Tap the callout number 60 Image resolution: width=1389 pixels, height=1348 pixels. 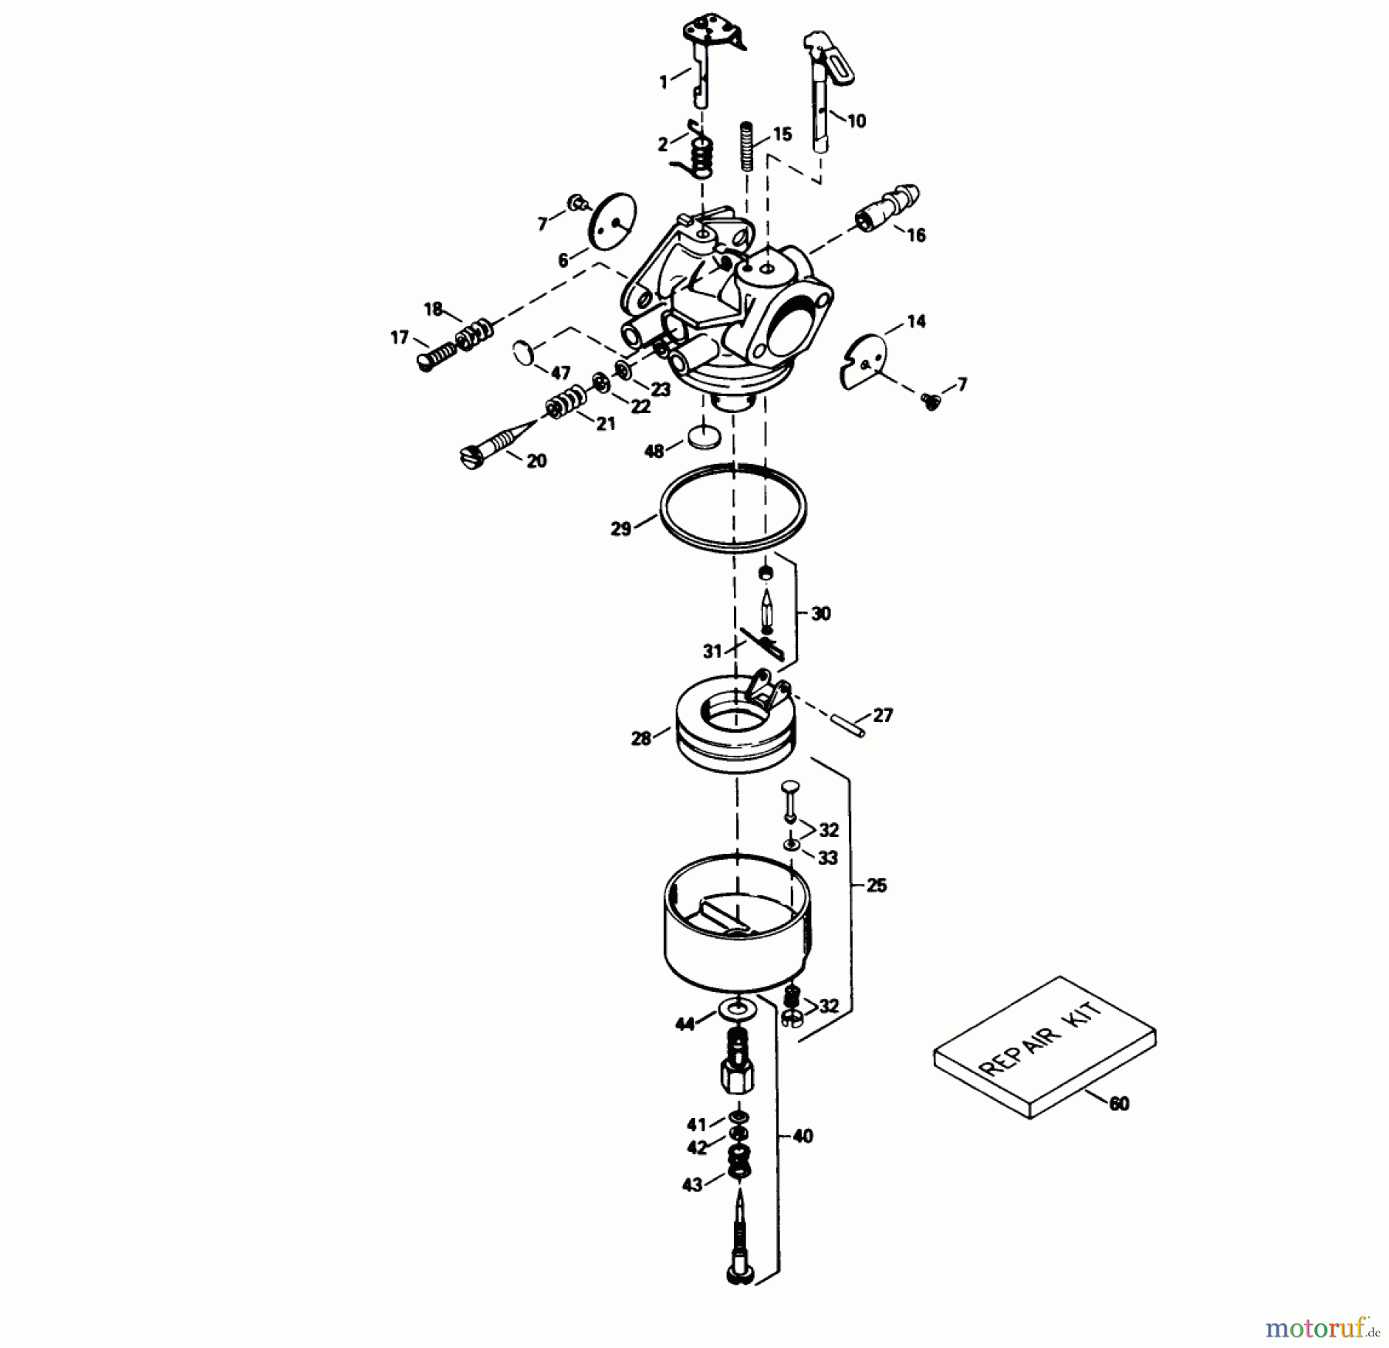[1119, 1103]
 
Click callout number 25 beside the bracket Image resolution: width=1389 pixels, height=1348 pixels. [876, 885]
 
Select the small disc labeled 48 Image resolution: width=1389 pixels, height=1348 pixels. [705, 436]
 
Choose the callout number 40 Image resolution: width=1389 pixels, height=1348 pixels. [803, 1136]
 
